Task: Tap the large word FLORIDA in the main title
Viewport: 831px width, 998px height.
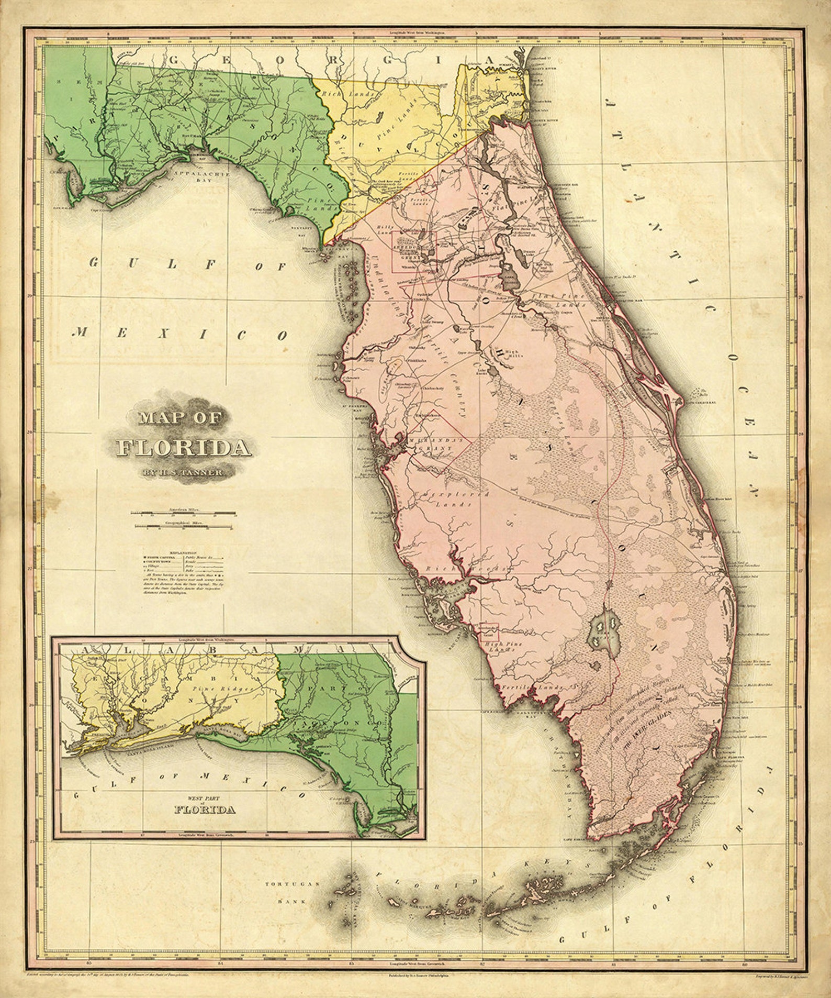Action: pos(183,448)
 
